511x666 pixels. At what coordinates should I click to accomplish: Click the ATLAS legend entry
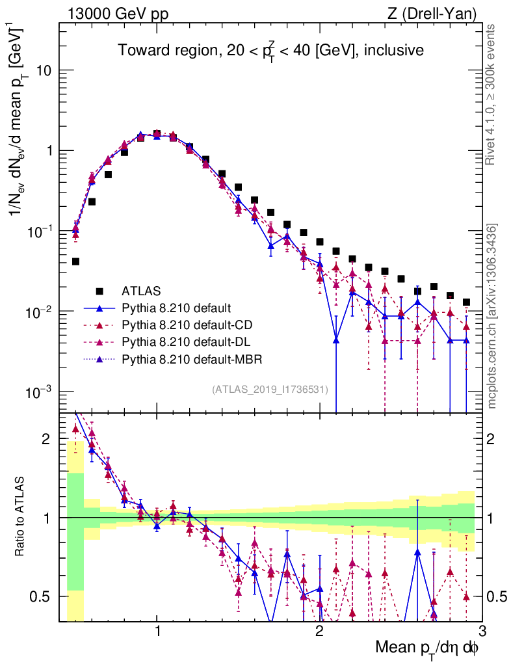141,290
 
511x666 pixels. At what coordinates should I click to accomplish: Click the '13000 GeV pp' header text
117,13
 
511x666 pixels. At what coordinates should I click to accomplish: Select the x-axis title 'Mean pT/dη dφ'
428,648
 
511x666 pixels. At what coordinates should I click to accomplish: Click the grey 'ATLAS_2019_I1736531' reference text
270,390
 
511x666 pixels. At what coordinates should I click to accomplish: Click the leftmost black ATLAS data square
76,261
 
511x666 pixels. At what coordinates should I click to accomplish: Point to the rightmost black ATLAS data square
466,302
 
